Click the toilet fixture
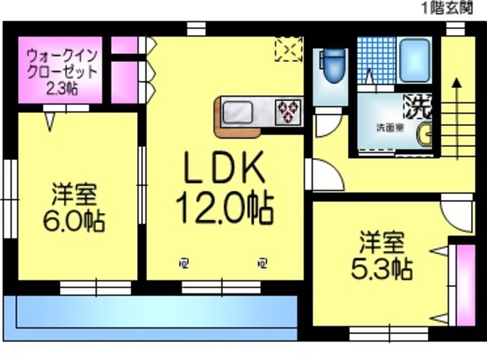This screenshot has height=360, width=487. pos(333,66)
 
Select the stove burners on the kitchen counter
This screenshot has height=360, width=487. pos(288,111)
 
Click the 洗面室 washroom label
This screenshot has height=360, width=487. pos(385,126)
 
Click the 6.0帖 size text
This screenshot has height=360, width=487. pos(74,221)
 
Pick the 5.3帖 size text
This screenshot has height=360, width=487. pos(382,268)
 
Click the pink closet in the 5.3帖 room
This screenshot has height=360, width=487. pos(460,280)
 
